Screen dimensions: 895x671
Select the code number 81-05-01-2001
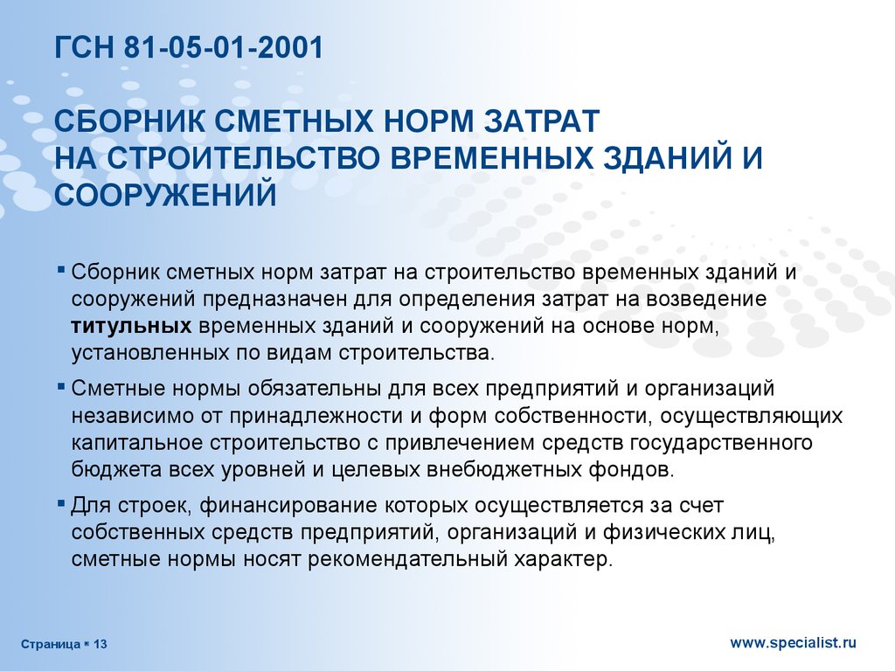click(x=223, y=47)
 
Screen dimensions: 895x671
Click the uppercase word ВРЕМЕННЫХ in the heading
click(x=492, y=157)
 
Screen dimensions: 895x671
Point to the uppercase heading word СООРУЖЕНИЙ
click(x=165, y=195)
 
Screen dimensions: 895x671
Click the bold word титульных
click(x=131, y=327)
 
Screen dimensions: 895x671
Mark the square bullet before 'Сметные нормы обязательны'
click(x=61, y=387)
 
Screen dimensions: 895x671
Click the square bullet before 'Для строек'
click(x=61, y=504)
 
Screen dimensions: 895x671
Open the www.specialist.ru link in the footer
click(x=794, y=643)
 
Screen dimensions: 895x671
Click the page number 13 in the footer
click(x=100, y=645)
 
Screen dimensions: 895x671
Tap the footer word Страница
click(x=51, y=645)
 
